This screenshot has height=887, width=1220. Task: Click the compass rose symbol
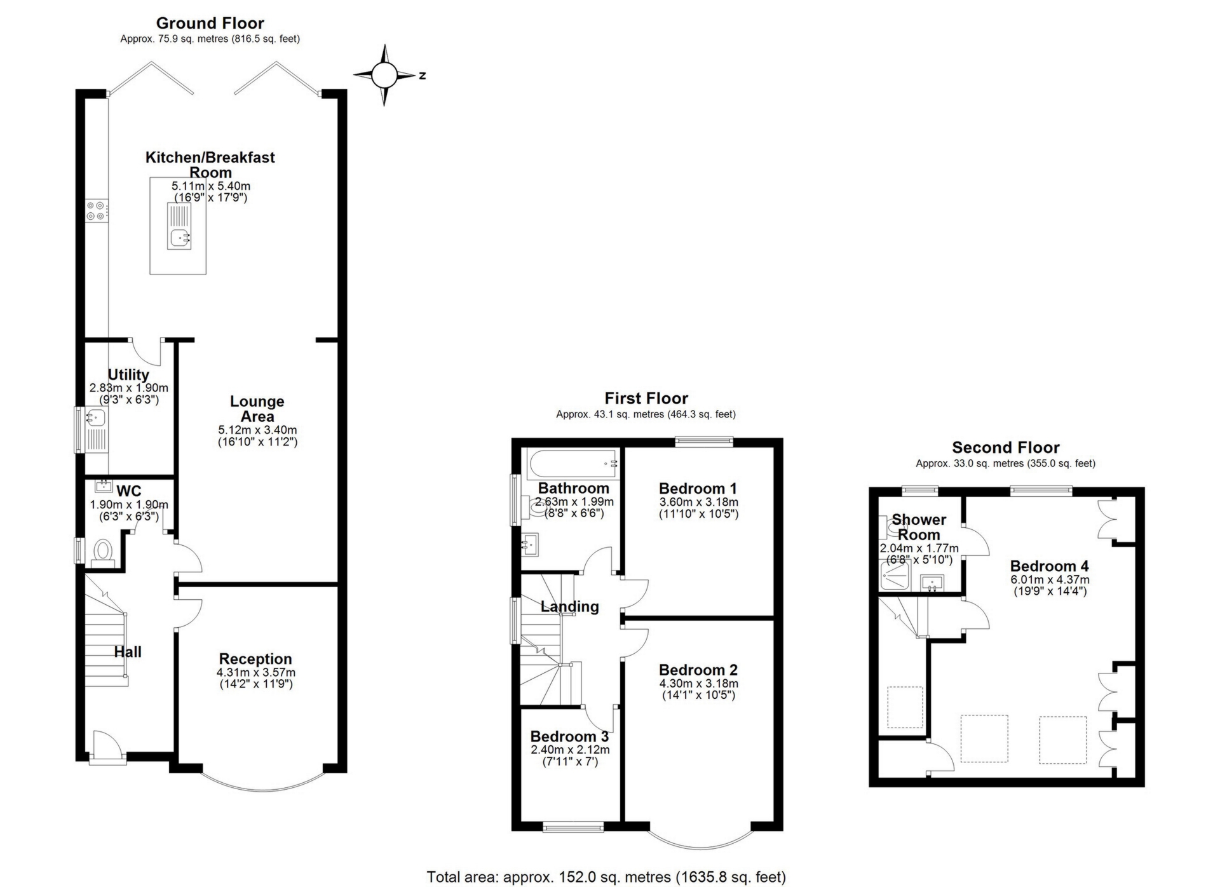click(384, 75)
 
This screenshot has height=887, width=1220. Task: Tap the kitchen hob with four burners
click(97, 211)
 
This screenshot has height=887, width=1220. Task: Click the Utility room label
click(128, 375)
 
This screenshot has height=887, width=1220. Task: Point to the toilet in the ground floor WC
click(102, 552)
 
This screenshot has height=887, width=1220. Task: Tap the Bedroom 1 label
click(698, 489)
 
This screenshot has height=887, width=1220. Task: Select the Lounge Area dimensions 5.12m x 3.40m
click(257, 430)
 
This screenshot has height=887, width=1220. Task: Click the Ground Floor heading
click(210, 24)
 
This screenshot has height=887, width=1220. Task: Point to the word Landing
click(569, 607)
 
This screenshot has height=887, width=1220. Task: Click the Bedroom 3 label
click(569, 736)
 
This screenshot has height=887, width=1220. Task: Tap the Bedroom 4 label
click(1050, 565)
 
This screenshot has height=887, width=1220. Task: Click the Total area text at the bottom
click(606, 877)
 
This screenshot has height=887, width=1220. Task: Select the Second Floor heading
click(1005, 447)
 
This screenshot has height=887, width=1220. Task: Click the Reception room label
click(255, 659)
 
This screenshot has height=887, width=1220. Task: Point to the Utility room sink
click(95, 417)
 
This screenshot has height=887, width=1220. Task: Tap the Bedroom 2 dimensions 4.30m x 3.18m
click(698, 684)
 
